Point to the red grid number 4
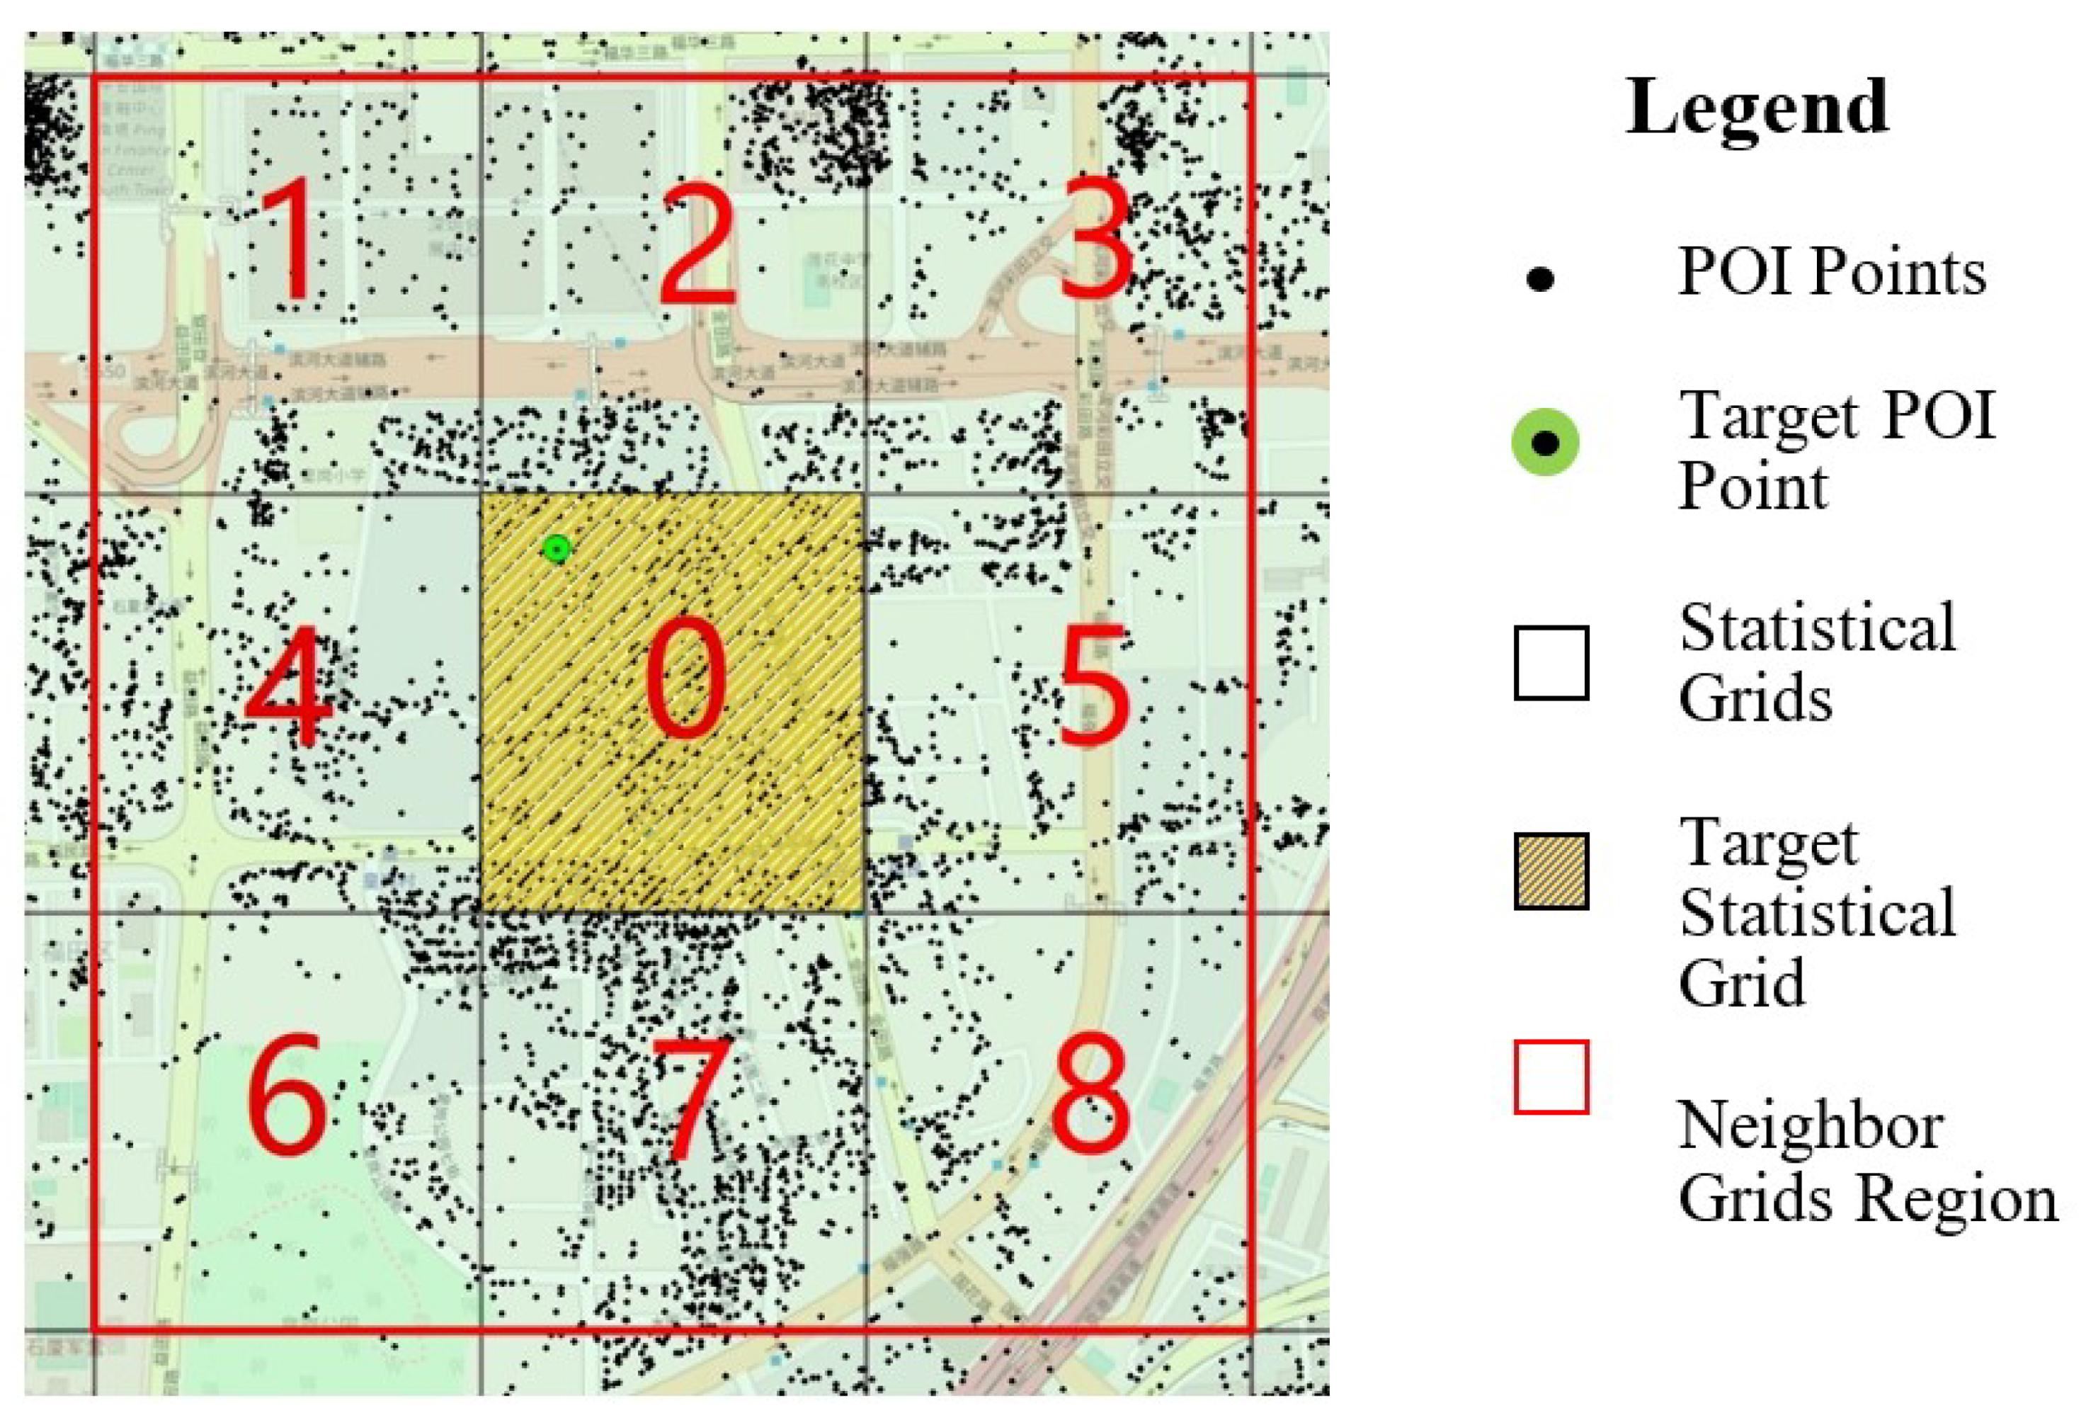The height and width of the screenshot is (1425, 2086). coord(289,687)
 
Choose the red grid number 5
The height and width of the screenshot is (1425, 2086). coord(1093,687)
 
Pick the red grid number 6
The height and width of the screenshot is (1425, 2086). coord(287,1093)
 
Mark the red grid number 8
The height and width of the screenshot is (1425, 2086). coord(1090,1093)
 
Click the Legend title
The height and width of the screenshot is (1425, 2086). coord(1757,108)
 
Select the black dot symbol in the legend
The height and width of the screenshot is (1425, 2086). coord(1540,279)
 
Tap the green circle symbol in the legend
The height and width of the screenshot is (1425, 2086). coord(1545,443)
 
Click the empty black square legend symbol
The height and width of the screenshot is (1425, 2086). coord(1551,663)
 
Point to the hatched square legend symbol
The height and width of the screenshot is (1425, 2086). coord(1551,871)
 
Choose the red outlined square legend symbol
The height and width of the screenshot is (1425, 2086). coord(1551,1077)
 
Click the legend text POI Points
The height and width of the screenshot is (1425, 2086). coord(1831,271)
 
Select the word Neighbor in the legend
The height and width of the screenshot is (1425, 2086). coord(1811,1126)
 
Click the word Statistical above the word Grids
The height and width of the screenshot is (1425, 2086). coord(1818,628)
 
